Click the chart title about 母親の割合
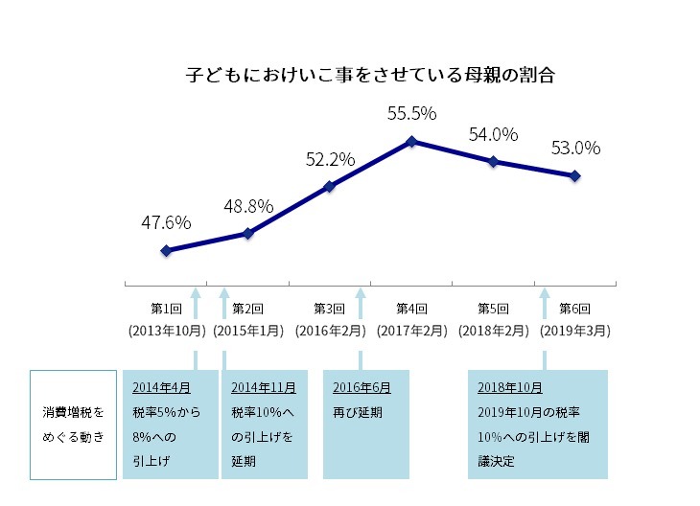click(370, 74)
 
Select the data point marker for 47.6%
click(166, 250)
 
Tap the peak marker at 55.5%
click(411, 141)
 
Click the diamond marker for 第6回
click(574, 175)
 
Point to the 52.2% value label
click(331, 158)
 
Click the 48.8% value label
click(249, 206)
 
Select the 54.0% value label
click(493, 134)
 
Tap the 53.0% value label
click(575, 148)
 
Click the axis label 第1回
click(167, 309)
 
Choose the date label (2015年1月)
click(248, 330)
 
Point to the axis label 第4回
click(411, 309)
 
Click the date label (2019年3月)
click(575, 330)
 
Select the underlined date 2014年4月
click(162, 388)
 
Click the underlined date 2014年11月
click(263, 388)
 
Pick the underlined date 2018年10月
click(509, 388)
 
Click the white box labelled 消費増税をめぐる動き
click(73, 424)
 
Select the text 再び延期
click(358, 413)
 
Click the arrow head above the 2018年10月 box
click(545, 293)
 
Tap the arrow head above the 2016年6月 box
click(361, 293)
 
